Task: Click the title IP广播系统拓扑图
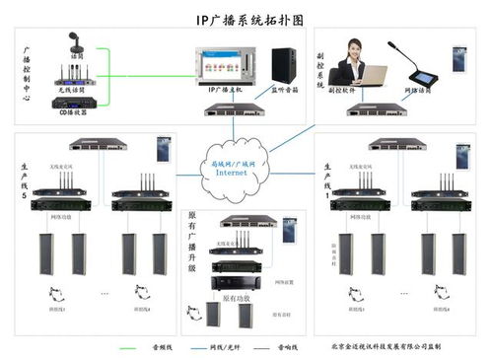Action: pos(246,17)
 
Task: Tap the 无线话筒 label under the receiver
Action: pos(71,90)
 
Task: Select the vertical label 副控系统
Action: pos(320,70)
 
